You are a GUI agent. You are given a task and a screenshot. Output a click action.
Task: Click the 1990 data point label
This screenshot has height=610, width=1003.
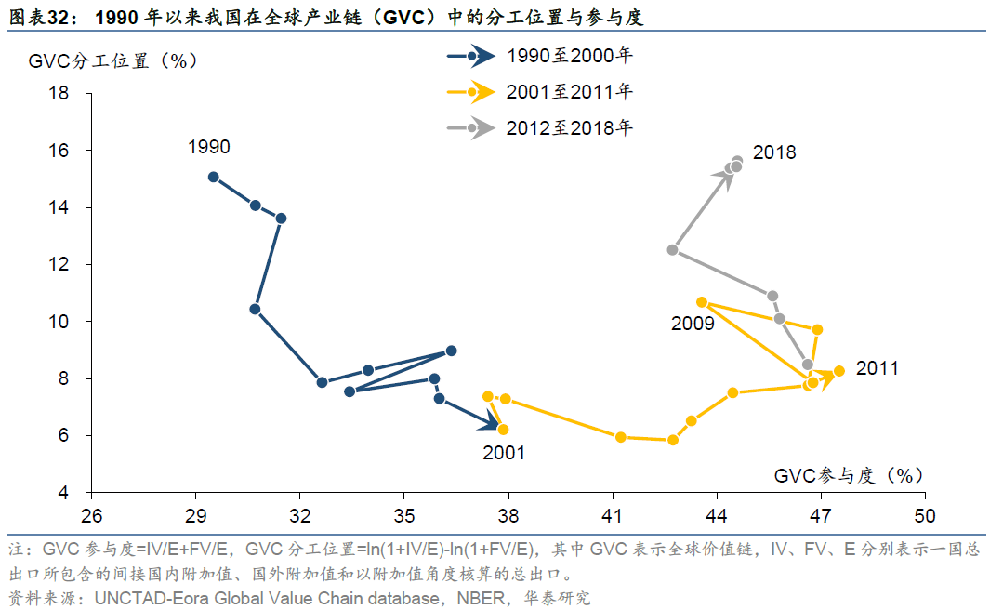coord(208,147)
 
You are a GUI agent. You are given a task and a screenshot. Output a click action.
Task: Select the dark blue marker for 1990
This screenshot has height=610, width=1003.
coord(214,177)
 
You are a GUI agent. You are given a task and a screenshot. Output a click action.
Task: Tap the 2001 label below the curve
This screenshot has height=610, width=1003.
coord(504,453)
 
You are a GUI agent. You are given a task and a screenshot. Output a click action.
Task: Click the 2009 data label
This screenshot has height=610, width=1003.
coord(693,324)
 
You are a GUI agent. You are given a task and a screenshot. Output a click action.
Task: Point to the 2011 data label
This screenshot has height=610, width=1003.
coord(878,368)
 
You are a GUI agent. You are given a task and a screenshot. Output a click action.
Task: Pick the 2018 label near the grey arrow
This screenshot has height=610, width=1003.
coord(774,152)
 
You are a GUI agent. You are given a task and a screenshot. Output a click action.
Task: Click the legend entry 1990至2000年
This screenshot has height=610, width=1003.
coord(569,56)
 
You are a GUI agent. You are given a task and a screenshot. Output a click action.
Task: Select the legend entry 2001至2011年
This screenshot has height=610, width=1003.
coord(569,91)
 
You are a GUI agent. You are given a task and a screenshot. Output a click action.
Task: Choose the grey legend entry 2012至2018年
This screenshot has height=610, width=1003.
coord(569,127)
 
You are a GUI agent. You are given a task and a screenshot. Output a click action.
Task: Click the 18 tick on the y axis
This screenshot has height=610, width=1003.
coord(59,93)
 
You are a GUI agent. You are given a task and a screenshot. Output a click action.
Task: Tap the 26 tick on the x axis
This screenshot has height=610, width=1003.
coord(91,514)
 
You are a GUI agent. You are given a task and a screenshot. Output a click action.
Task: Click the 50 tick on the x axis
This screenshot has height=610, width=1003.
coord(924,514)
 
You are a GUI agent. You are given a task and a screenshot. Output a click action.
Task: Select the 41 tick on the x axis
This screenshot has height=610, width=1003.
coord(612,514)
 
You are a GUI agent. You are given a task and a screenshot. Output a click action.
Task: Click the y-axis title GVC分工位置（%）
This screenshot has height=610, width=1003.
coord(112,61)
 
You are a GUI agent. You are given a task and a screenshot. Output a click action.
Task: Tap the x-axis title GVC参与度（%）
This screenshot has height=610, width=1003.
coord(849,475)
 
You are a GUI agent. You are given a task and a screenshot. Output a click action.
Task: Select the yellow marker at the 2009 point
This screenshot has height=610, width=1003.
coord(702,302)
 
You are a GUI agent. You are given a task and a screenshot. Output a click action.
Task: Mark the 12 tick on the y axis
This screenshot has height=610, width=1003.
coord(59,264)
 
